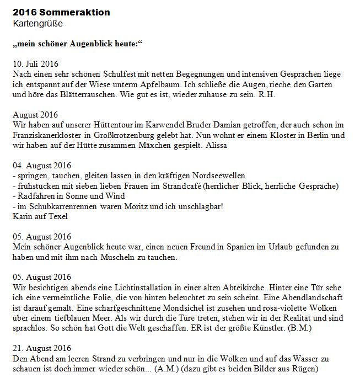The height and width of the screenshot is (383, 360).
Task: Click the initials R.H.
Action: [x=266, y=94]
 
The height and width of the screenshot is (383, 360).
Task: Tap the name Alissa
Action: [x=218, y=145]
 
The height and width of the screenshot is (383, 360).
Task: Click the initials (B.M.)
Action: [x=302, y=328]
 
